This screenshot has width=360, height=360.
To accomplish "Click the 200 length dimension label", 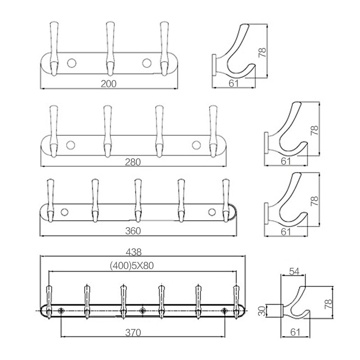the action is coord(108,83).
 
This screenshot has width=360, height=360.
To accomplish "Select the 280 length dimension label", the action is coord(134,162).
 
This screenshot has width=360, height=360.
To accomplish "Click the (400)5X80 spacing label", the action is coord(132,265).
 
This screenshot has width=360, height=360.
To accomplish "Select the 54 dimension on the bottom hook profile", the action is coord(294,271).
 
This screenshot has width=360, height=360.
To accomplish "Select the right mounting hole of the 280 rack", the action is coord(196,145).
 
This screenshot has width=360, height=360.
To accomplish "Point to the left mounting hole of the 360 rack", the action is coord(64,212).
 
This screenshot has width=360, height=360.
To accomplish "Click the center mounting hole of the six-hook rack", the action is coord(142,310).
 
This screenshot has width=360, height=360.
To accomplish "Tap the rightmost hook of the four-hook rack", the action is coord(213,130).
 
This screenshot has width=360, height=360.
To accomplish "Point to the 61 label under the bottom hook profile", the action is coord(295,332).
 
